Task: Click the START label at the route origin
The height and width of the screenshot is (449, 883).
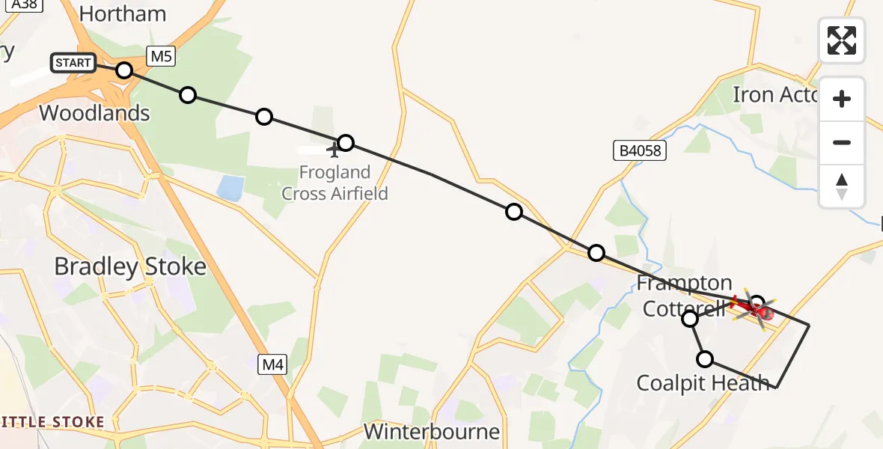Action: (x=73, y=63)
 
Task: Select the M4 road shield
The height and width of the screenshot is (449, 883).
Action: (x=272, y=365)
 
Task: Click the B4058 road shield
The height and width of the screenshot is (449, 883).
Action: (x=640, y=151)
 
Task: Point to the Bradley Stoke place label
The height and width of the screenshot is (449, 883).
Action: (x=130, y=266)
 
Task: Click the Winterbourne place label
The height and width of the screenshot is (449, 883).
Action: (x=432, y=431)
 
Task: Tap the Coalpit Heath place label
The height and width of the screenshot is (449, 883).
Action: (x=703, y=383)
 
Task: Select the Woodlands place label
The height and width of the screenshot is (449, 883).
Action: (x=94, y=113)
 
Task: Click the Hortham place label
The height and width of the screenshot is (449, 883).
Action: (x=122, y=13)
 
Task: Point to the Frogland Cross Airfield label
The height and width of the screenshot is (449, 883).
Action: (x=334, y=183)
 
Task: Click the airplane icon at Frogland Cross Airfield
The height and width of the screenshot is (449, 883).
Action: (x=334, y=150)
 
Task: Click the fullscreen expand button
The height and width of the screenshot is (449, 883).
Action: (x=842, y=40)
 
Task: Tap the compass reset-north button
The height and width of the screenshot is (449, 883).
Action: (x=842, y=186)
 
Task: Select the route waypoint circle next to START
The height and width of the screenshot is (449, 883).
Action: (x=124, y=70)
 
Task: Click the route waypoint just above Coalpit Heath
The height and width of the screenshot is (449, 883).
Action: (x=704, y=359)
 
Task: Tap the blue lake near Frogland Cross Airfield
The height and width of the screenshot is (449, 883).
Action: (x=230, y=187)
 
